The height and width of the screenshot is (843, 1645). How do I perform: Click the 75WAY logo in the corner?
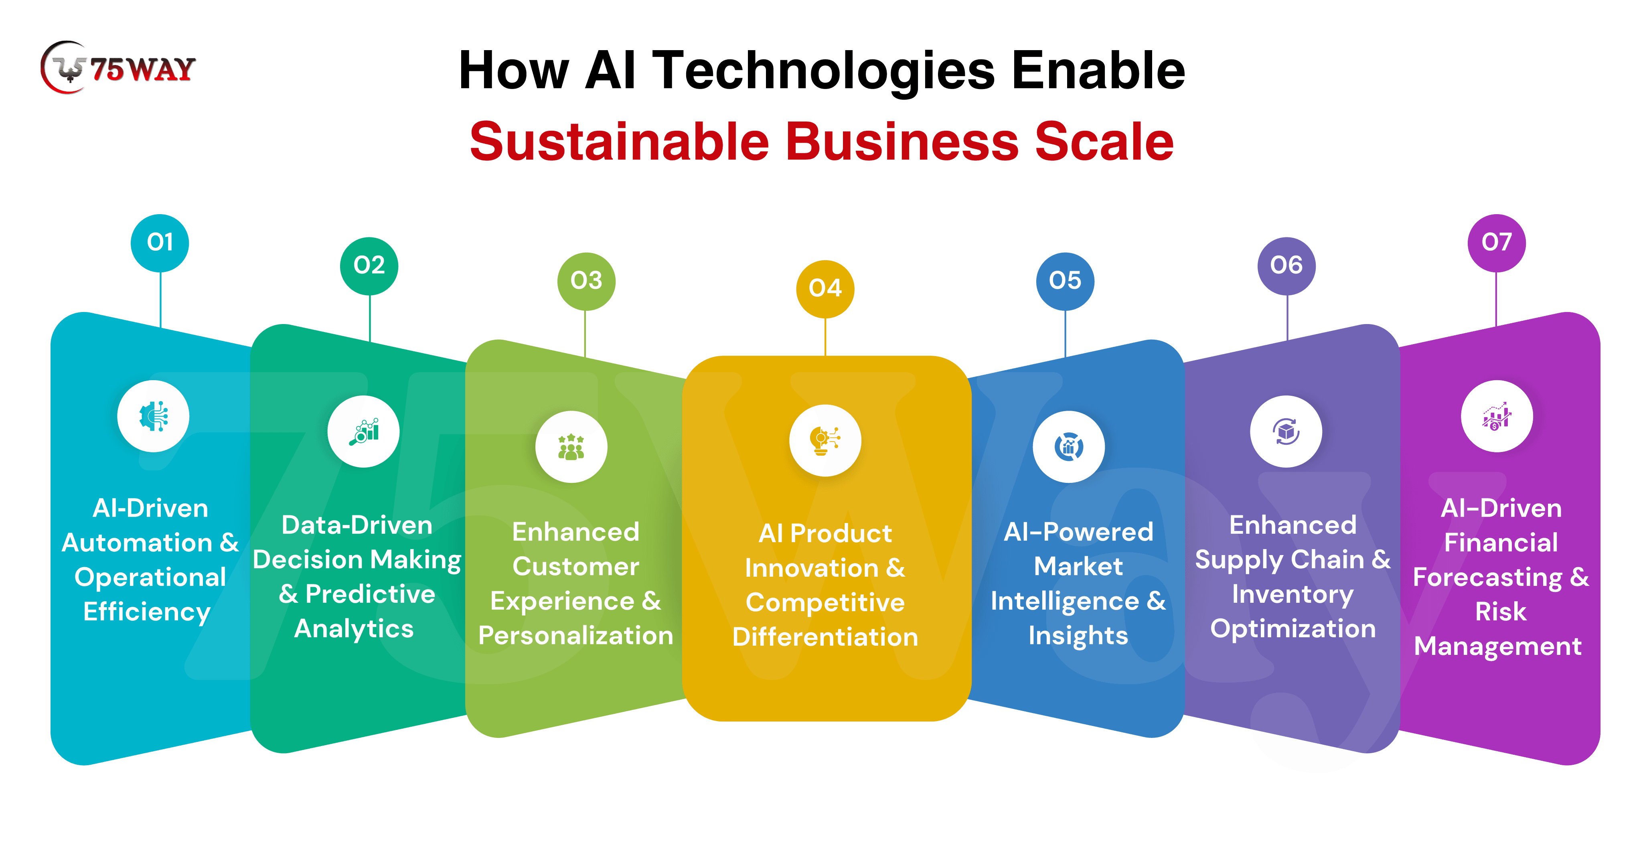pos(118,68)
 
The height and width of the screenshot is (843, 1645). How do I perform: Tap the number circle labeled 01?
pos(160,243)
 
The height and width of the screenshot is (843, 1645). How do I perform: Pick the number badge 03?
pos(586,281)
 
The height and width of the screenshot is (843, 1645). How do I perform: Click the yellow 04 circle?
pos(825,289)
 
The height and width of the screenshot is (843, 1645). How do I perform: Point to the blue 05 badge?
pos(1065,281)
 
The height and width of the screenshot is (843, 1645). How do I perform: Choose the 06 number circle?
pos(1286,265)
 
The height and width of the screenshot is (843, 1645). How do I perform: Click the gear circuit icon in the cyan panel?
pos(153,416)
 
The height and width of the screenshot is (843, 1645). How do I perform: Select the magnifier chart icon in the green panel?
pos(363,432)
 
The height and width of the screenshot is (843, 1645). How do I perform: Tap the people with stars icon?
pos(571,447)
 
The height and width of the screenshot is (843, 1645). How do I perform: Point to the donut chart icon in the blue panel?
pos(1068,447)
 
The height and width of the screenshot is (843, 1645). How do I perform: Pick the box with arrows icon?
pos(1286,432)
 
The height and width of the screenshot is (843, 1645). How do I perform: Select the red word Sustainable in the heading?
pos(620,142)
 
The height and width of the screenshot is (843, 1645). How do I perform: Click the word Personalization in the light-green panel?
pos(575,635)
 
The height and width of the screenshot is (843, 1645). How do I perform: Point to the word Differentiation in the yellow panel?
pos(825,637)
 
